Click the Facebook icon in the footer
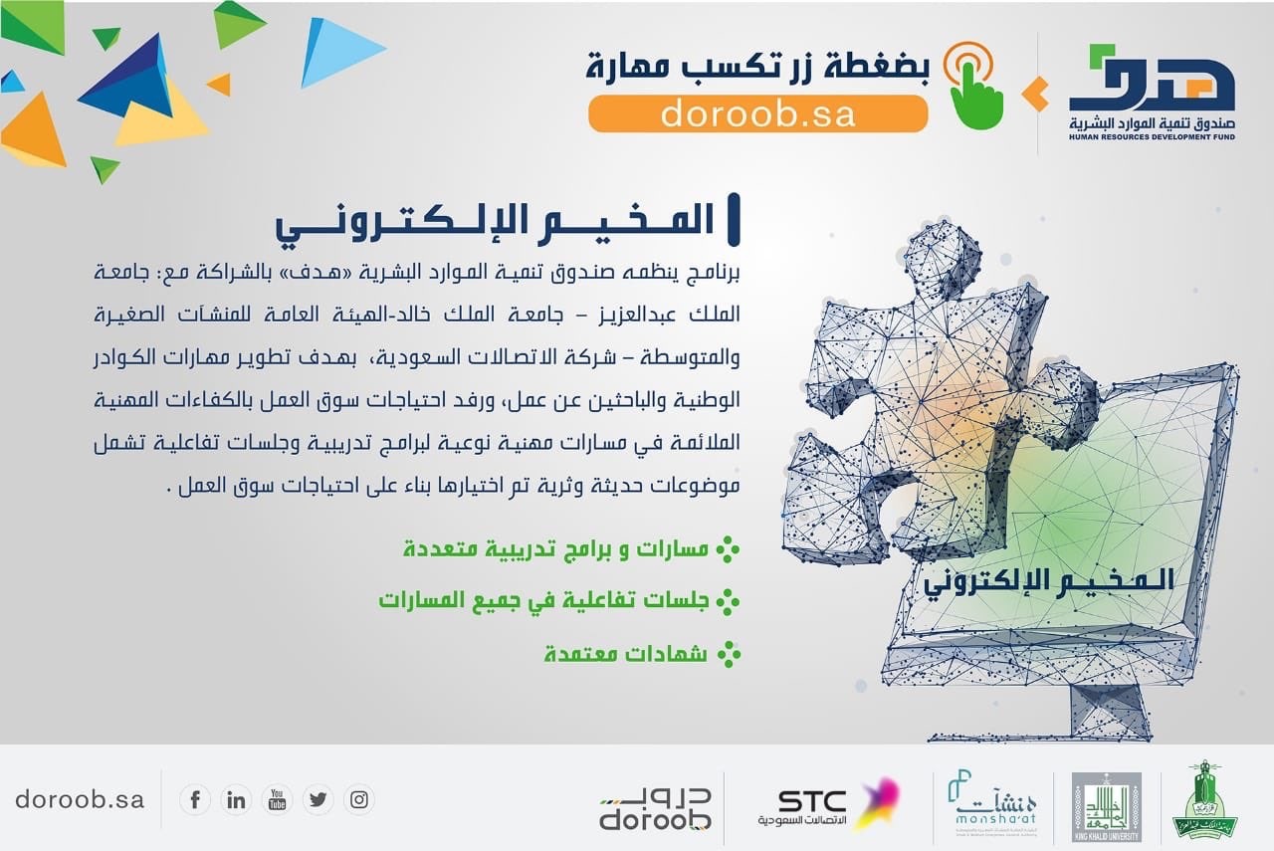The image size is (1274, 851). [x=195, y=800]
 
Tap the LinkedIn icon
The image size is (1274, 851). [x=236, y=800]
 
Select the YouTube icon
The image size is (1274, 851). [x=277, y=800]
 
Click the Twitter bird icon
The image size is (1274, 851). [x=318, y=800]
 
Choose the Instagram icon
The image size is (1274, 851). [x=359, y=800]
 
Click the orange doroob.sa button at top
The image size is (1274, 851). [x=758, y=113]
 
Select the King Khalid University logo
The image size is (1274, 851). [x=1106, y=806]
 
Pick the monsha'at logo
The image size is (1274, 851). [x=992, y=803]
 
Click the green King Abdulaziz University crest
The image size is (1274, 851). [x=1204, y=798]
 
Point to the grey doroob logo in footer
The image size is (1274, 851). [x=655, y=809]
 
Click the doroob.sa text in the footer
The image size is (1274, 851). [x=80, y=800]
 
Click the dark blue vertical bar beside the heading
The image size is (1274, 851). [x=734, y=220]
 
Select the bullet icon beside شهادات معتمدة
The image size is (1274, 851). [x=729, y=654]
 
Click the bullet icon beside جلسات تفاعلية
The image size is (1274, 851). [x=728, y=602]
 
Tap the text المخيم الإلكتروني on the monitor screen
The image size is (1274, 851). [x=1048, y=581]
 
